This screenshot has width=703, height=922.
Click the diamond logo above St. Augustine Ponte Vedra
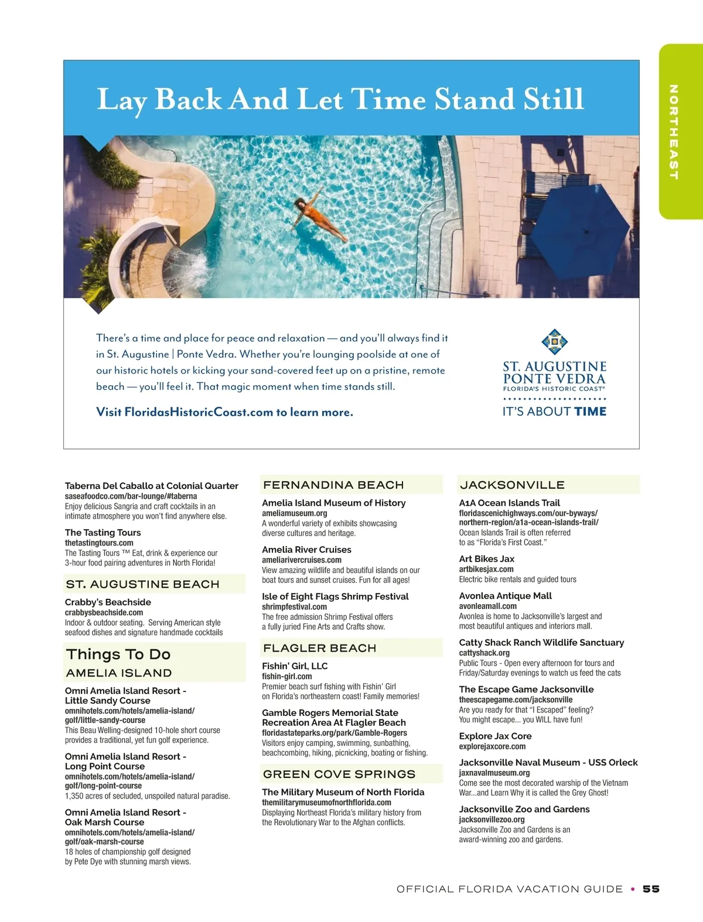tap(554, 342)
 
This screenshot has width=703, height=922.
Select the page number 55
tap(651, 889)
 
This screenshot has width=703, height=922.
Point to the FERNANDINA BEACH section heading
tap(333, 485)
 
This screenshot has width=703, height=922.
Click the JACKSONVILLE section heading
tap(512, 485)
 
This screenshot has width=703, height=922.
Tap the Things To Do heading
tap(118, 654)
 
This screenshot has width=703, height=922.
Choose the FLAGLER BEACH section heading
tap(319, 648)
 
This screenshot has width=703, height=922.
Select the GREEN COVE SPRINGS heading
tap(339, 774)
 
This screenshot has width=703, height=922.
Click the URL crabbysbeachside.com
tap(104, 612)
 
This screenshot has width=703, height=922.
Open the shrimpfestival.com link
tap(294, 606)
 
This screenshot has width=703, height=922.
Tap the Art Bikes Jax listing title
tap(486, 559)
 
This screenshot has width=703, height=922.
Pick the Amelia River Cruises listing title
tap(306, 550)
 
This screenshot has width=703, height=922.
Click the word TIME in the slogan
tap(590, 412)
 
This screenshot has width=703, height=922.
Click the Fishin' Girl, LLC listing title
tap(295, 666)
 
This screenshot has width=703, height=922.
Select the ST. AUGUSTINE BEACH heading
tap(142, 584)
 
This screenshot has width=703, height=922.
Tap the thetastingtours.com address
tap(99, 543)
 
